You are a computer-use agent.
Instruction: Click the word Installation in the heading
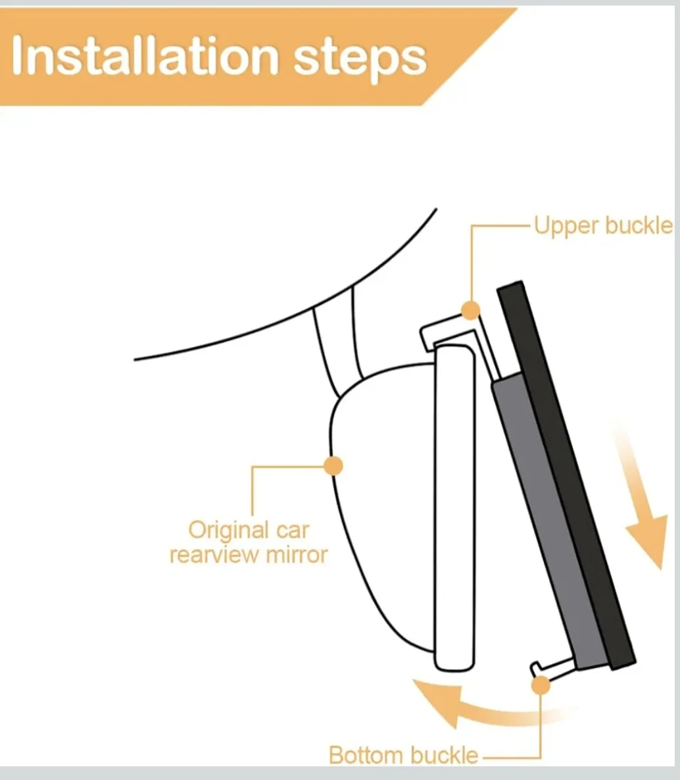(145, 56)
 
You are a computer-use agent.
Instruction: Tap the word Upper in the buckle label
(566, 226)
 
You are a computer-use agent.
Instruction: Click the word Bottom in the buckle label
(366, 755)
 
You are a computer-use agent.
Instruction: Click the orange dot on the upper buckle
(470, 311)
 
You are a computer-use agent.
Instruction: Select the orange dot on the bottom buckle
(541, 685)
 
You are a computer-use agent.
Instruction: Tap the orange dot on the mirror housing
(333, 466)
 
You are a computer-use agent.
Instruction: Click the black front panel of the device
(567, 475)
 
